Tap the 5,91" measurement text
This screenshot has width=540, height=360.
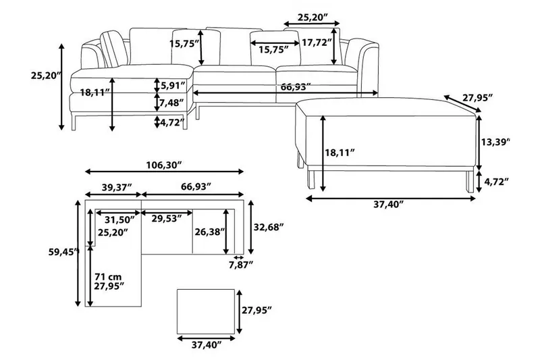click(x=173, y=85)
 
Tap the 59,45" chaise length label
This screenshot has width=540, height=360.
click(x=59, y=254)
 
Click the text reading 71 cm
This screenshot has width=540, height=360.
click(x=109, y=276)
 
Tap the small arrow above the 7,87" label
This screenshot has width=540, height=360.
click(x=238, y=257)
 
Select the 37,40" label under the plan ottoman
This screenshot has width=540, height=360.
click(x=207, y=345)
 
